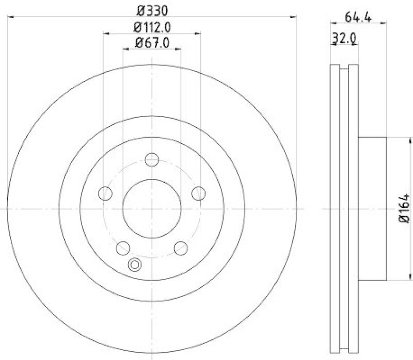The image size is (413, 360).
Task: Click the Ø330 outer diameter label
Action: [152, 10]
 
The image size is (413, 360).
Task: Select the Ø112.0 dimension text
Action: [152, 27]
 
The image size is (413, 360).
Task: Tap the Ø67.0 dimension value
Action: [152, 43]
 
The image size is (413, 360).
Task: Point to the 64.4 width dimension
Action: [357, 16]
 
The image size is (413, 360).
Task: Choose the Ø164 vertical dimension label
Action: [404, 209]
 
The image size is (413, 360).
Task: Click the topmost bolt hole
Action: [152, 160]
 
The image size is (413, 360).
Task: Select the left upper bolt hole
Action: [105, 193]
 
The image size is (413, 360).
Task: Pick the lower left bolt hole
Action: [123, 248]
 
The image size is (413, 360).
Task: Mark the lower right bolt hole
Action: [181, 248]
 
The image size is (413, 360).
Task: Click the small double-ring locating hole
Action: [134, 265]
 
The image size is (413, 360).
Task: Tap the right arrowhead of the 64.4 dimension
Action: [384, 22]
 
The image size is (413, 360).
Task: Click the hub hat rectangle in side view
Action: [372, 209]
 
